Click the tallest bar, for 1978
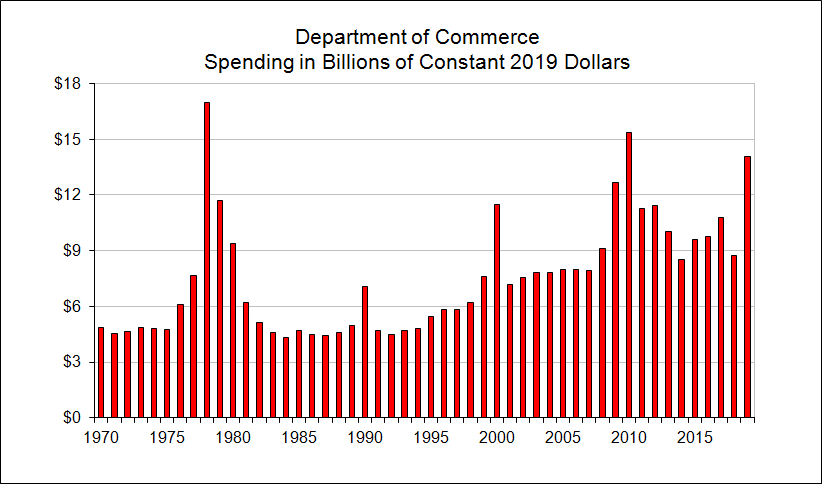pyautogui.click(x=207, y=260)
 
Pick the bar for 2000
pyautogui.click(x=497, y=311)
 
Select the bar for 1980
pyautogui.click(x=233, y=330)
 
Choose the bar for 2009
pyautogui.click(x=616, y=300)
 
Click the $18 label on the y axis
pyautogui.click(x=67, y=84)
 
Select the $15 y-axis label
pyautogui.click(x=67, y=139)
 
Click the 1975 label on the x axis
pyautogui.click(x=166, y=436)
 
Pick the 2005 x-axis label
pyautogui.click(x=562, y=436)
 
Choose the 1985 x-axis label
pyautogui.click(x=298, y=436)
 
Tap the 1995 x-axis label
pyautogui.click(x=430, y=436)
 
